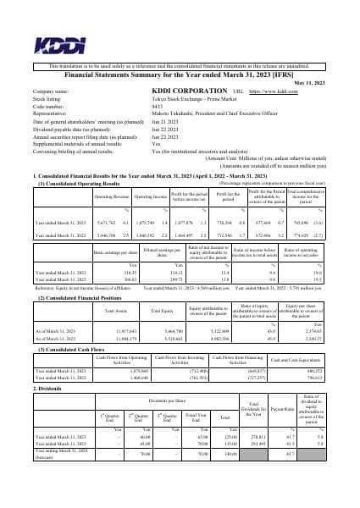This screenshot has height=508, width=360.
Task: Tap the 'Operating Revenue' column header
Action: click(x=109, y=196)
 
